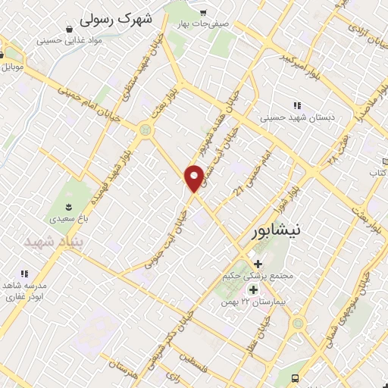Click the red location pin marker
(x=195, y=178)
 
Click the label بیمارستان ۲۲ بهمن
(x=252, y=302)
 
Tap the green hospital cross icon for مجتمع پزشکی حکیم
(x=258, y=264)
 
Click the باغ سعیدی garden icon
(x=69, y=205)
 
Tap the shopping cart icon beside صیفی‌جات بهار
(x=203, y=13)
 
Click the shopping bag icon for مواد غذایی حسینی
(x=69, y=30)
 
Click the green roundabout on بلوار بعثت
(x=144, y=130)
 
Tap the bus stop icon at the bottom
(x=294, y=378)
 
